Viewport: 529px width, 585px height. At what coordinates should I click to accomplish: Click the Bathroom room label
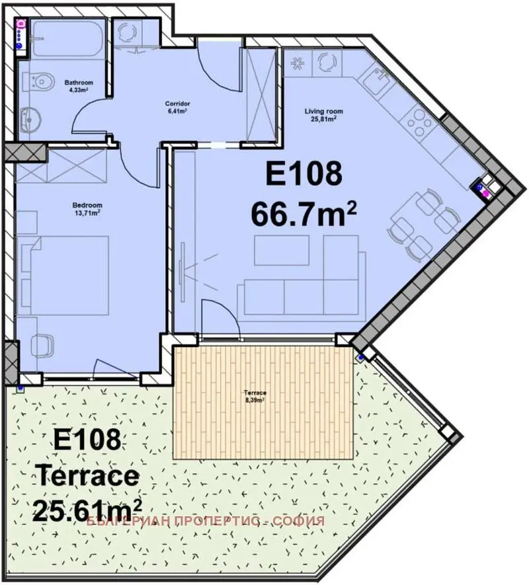pos(79,86)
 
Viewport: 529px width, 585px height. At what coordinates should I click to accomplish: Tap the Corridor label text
pos(178,108)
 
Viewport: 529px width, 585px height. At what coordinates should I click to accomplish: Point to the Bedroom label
pos(87,209)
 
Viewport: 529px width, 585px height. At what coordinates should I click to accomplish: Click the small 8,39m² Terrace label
pos(255,396)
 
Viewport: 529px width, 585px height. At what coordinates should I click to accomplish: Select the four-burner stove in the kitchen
pos(418,122)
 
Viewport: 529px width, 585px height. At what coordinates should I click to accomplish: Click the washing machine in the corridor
pos(126,32)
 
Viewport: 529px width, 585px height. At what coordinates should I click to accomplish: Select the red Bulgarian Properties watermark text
pos(206,521)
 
